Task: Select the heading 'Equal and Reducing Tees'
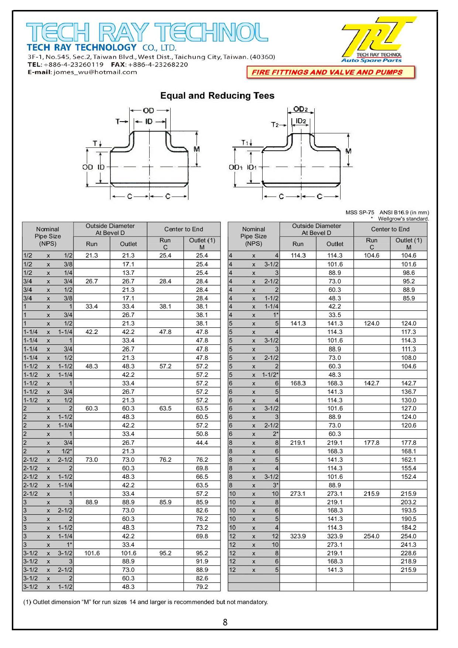click(217, 96)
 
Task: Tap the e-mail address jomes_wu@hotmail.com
click(95, 72)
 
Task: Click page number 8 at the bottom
click(225, 622)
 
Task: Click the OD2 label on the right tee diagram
click(300, 109)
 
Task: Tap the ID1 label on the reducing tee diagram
click(252, 167)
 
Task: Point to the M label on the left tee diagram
click(196, 149)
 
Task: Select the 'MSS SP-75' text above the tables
click(359, 212)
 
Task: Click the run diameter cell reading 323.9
click(298, 536)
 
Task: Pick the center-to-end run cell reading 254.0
click(371, 536)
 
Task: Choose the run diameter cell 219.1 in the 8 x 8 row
click(298, 443)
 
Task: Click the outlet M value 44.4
click(202, 443)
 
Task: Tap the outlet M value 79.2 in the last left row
click(202, 587)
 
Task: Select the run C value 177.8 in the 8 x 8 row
click(371, 443)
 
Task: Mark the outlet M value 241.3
click(408, 545)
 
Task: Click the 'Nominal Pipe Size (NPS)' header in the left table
click(48, 236)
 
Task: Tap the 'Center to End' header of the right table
click(390, 229)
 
